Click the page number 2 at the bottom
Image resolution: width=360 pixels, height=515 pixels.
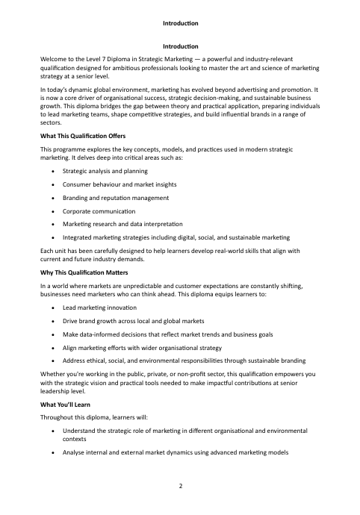[180, 486]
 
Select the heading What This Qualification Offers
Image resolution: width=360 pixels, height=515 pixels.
[83, 137]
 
